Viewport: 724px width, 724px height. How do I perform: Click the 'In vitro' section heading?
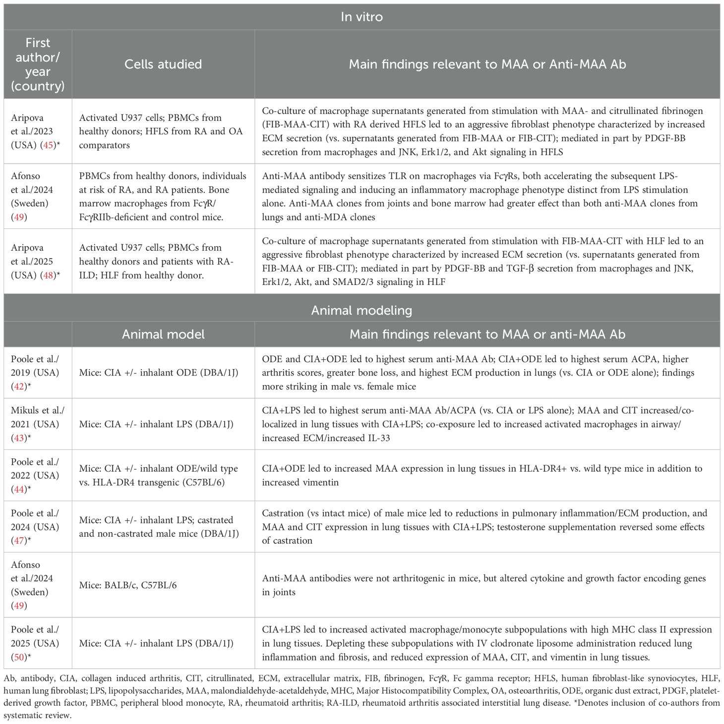click(x=362, y=17)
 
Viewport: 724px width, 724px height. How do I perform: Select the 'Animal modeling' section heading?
click(x=362, y=310)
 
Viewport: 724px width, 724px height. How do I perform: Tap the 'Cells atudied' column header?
click(x=163, y=64)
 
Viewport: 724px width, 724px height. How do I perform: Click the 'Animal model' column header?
click(x=163, y=334)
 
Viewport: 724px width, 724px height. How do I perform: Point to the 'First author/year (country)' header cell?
click(x=38, y=64)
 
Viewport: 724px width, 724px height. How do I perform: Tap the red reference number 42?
click(x=19, y=387)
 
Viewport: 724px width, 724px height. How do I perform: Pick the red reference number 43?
click(x=19, y=438)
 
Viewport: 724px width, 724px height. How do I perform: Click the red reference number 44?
click(x=19, y=489)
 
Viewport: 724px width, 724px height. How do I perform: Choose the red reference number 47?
click(x=19, y=541)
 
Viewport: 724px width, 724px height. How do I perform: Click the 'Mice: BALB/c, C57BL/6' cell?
click(x=128, y=585)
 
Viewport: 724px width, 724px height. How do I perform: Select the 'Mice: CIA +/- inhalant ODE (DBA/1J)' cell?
click(x=159, y=373)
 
